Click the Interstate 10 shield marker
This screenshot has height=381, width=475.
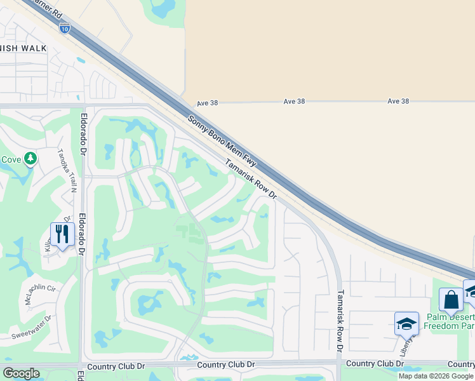[64, 27]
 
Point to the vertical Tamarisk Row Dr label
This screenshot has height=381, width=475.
[340, 321]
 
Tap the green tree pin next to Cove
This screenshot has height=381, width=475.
[30, 159]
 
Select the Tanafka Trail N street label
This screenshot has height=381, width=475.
[67, 170]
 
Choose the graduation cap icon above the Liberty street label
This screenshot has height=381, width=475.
[406, 324]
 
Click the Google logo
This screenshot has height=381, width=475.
[21, 373]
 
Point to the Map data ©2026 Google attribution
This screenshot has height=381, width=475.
[436, 376]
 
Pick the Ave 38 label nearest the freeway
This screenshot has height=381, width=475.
[207, 102]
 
